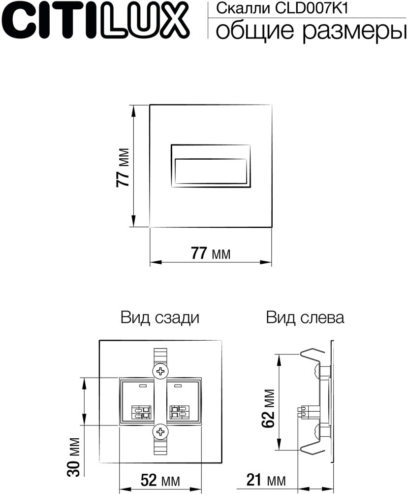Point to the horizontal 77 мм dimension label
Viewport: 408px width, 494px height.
click(211, 254)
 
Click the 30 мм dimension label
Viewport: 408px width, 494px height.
click(74, 456)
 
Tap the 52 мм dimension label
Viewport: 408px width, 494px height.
click(160, 480)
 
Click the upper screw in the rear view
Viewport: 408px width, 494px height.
click(160, 371)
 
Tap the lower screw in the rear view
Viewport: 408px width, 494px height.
click(160, 432)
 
